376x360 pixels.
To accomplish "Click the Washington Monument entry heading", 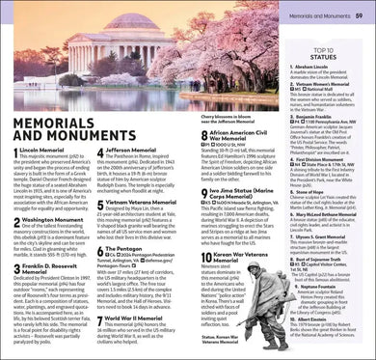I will coord(55,221).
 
